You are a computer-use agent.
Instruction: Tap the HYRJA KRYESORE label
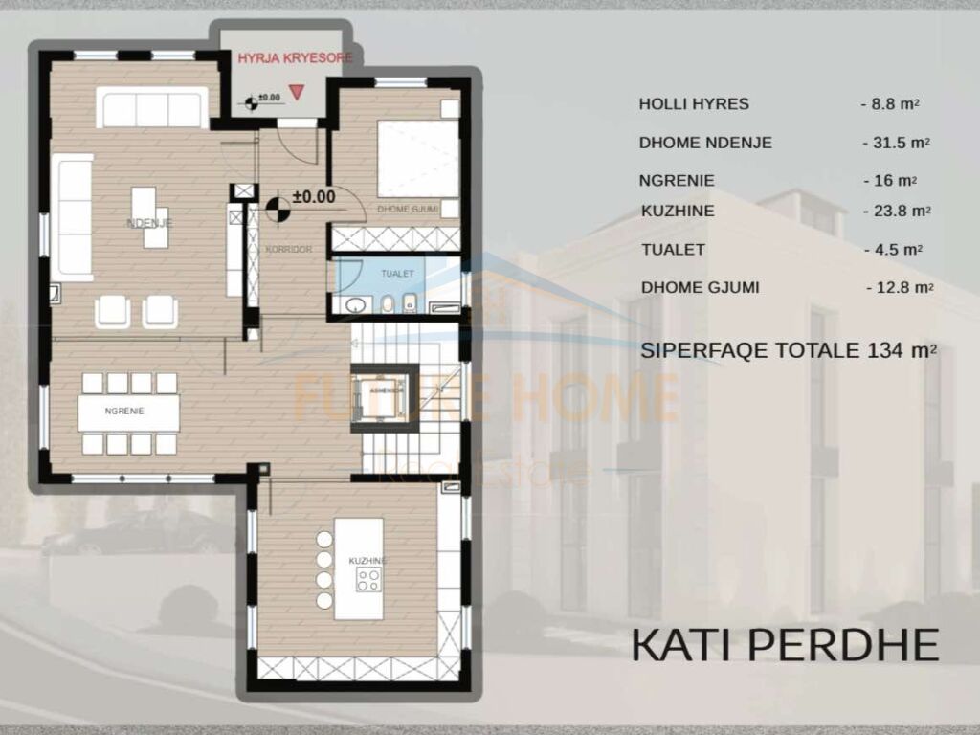(x=295, y=57)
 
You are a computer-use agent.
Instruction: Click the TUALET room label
(x=397, y=274)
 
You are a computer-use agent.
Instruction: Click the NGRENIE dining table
(x=129, y=412)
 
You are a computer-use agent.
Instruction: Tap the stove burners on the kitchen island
(x=368, y=579)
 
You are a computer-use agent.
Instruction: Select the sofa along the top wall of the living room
(x=151, y=109)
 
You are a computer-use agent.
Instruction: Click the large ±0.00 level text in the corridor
(x=314, y=197)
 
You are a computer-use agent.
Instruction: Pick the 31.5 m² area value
(x=896, y=143)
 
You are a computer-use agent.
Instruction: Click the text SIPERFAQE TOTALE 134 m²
(x=788, y=350)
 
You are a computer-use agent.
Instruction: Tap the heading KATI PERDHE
(x=784, y=646)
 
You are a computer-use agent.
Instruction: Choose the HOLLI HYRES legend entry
(x=694, y=104)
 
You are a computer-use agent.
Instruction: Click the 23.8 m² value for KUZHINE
(x=896, y=211)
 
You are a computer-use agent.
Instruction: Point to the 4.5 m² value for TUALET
(x=892, y=249)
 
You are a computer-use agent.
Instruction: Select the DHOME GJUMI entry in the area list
(x=700, y=286)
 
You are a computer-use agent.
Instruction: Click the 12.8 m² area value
(x=899, y=287)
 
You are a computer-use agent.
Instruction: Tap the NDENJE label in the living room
(x=148, y=223)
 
